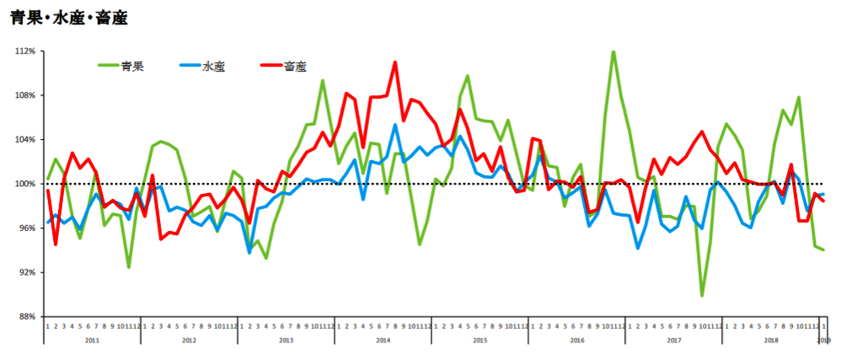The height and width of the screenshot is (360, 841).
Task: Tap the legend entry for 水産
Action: (214, 66)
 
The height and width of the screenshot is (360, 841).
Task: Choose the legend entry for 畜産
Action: (296, 66)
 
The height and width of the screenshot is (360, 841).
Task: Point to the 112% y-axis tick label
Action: (24, 51)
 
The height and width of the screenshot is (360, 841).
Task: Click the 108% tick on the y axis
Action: (24, 95)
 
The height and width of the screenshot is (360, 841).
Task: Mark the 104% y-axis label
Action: (24, 140)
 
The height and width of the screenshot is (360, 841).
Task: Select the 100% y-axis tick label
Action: (24, 184)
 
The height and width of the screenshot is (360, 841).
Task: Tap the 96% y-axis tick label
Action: (26, 228)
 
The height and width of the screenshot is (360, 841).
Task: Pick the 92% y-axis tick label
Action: (26, 272)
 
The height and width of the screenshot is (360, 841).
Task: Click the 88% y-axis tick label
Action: (26, 317)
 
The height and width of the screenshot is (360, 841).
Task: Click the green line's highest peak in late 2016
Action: (613, 51)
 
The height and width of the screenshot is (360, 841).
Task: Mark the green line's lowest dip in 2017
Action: (702, 295)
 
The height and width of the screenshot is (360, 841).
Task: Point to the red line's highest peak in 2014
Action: (394, 62)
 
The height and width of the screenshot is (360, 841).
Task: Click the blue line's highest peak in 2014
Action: (394, 126)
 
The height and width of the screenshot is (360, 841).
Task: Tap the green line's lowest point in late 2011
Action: (129, 267)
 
